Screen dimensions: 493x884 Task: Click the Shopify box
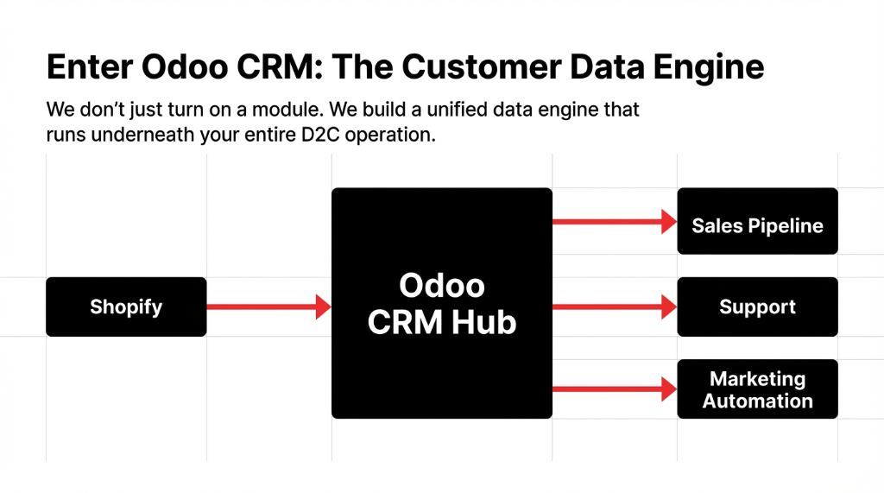pos(126,307)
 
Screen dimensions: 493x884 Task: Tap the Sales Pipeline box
pos(757,221)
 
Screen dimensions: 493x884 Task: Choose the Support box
pos(757,307)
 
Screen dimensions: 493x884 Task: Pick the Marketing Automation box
pos(757,389)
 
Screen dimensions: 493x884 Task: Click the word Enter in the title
pos(87,66)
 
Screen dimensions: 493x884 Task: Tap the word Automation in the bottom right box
pos(757,401)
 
